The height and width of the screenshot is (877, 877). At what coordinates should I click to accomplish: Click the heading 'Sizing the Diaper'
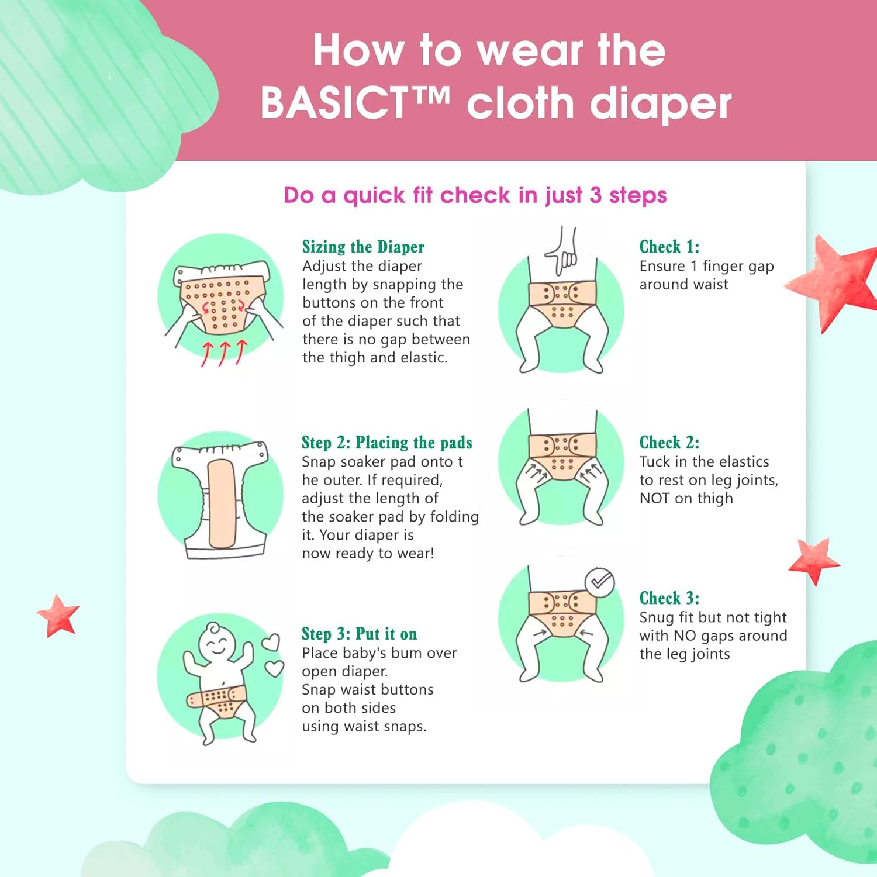coord(363,247)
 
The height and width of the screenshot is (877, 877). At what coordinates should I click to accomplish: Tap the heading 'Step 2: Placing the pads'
coord(387,443)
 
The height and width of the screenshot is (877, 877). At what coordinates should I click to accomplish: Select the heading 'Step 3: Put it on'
coord(360,634)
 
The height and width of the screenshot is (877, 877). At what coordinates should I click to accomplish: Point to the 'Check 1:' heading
coord(669,247)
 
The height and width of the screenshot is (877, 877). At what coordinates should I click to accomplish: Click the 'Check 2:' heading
coord(669,443)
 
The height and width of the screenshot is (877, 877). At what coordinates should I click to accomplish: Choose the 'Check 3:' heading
coord(669,598)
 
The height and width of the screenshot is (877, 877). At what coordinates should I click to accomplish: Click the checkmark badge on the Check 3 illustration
coord(600,582)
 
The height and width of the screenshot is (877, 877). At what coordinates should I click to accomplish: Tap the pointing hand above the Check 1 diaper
coord(562,251)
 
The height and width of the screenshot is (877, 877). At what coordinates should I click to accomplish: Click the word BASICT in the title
coord(334,103)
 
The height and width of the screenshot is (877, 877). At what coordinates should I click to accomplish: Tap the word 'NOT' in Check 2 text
coord(654,498)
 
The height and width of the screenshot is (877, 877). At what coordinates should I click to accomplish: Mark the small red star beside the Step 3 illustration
coord(58,616)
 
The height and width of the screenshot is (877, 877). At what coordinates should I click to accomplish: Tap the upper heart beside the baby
coord(270,643)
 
